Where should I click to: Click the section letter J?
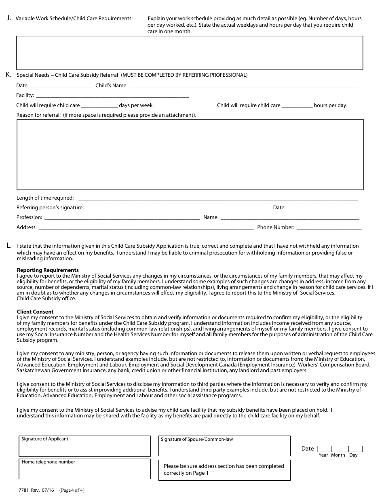coord(9,18)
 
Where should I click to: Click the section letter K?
coord(8,74)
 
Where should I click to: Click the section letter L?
coord(9,245)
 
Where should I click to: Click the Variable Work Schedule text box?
coord(190,53)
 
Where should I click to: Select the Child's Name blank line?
coord(243,86)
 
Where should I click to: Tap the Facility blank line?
coord(112,96)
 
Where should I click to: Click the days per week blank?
coord(99,106)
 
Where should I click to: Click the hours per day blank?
coord(297,106)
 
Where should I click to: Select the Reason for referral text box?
coord(190,154)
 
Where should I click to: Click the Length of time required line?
coord(218,198)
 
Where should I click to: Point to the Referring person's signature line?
coord(177,208)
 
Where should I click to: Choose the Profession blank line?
coord(122,218)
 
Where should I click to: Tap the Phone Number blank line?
coord(329,228)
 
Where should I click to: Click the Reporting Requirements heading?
coord(48,270)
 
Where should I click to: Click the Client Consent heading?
coord(35,312)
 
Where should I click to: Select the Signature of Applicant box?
coord(85,446)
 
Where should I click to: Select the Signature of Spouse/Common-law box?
coord(224,446)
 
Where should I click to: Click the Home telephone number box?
coord(85,469)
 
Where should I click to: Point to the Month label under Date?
coord(338,455)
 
